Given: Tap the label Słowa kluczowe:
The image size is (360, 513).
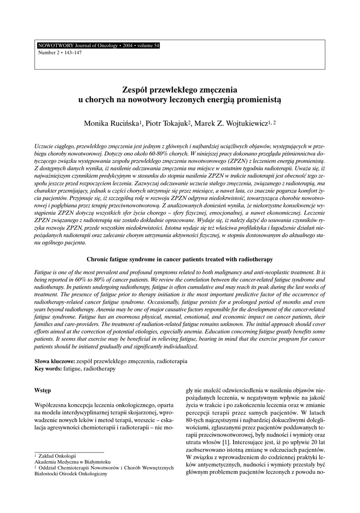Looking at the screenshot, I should click(55, 361).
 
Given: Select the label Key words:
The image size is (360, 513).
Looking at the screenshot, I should click(48, 368).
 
